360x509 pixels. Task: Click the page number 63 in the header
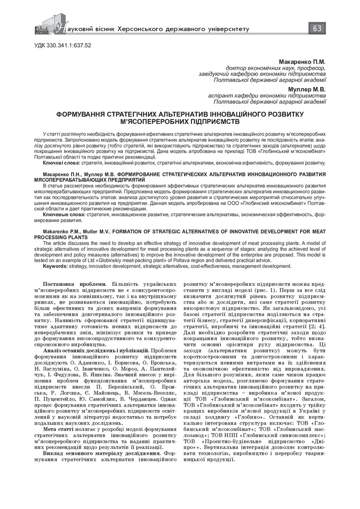[x=316, y=28]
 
